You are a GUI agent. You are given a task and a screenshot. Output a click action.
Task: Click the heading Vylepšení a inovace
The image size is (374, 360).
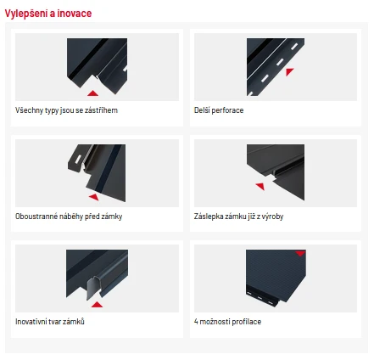coord(48,14)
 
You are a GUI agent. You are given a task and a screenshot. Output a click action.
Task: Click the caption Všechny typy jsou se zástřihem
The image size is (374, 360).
coord(66,110)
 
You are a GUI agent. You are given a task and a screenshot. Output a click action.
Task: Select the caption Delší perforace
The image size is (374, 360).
coord(219,110)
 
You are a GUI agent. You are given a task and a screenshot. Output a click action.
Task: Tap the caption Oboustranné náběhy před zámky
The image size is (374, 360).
coord(69,217)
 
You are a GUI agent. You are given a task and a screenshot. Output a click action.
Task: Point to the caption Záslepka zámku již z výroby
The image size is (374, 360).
coord(239,217)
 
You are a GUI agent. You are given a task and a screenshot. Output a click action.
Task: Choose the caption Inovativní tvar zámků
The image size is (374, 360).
coord(50,322)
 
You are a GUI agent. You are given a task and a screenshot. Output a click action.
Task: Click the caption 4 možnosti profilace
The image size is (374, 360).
coord(227,322)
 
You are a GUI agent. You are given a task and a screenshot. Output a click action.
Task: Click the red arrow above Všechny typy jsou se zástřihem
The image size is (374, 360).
coord(92,93)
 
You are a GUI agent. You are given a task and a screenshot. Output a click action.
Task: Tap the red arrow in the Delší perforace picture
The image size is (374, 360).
coord(289,71)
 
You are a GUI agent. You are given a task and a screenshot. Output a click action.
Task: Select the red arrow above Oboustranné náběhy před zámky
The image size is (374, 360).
coord(94,197)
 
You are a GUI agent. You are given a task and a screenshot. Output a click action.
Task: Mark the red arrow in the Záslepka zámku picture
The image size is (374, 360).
coord(260,186)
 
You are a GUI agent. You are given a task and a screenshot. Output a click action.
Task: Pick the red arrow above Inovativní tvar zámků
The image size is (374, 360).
coord(97,305)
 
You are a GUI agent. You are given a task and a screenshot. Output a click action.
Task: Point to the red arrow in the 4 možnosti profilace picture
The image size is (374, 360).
coord(300,253)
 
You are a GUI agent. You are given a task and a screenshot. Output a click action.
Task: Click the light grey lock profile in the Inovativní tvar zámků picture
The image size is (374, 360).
coord(92,288)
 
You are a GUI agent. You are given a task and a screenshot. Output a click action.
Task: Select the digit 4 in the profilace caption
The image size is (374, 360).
coord(196,322)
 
